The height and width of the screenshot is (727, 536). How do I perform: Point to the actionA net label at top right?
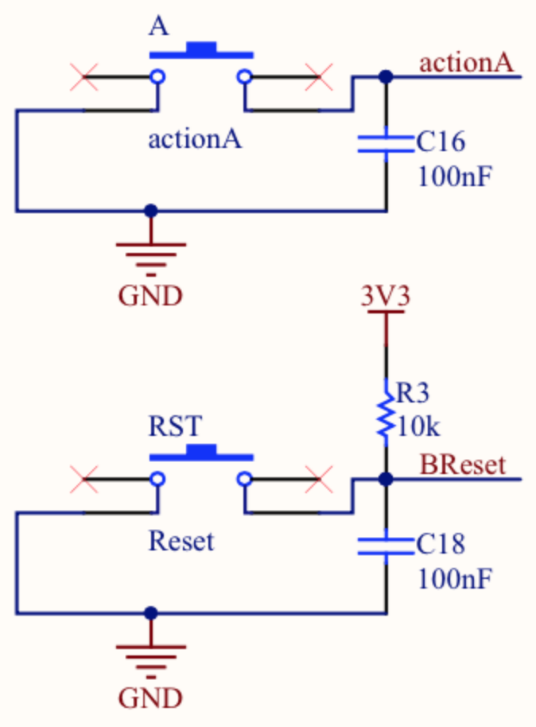point(465,62)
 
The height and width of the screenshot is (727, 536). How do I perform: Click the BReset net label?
point(462,465)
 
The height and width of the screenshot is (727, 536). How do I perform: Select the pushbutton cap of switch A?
point(201,51)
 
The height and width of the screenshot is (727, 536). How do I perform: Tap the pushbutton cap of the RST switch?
point(201,453)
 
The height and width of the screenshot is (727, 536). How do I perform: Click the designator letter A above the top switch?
point(159,26)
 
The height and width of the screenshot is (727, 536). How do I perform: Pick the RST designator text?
point(175,426)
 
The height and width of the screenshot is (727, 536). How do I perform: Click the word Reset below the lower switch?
point(181,542)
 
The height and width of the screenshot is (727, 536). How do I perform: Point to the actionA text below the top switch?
point(195,140)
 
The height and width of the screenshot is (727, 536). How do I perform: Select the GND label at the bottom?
point(150,698)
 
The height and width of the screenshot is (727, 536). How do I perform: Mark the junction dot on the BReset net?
point(386,480)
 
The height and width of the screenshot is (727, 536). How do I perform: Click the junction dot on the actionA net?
point(386,77)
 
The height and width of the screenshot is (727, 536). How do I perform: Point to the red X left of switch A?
point(84,77)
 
